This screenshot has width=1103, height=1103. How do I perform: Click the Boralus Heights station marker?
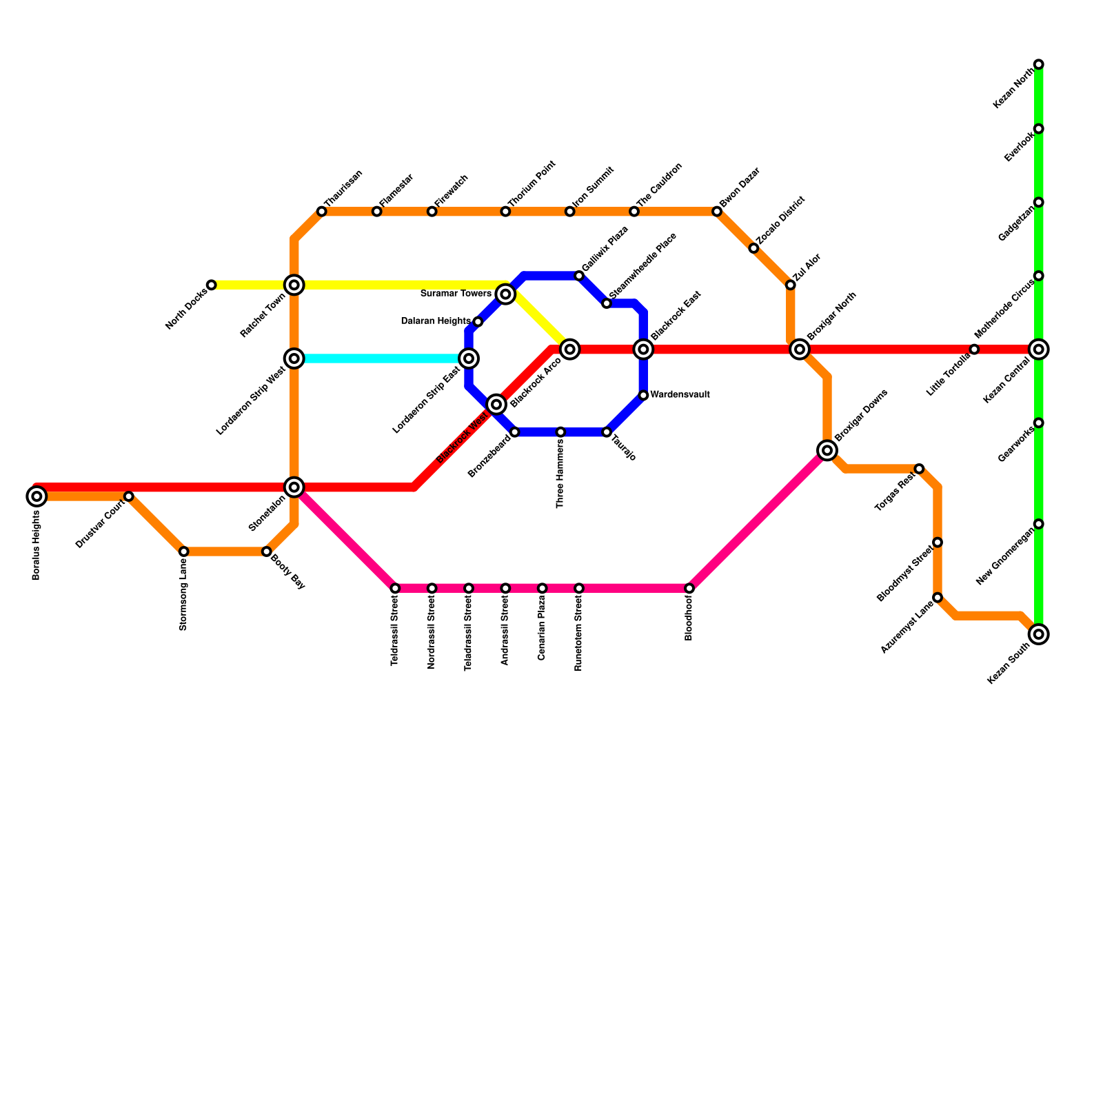[37, 496]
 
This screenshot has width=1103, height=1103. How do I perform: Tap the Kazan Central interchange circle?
[1039, 350]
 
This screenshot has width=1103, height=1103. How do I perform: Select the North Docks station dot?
[212, 285]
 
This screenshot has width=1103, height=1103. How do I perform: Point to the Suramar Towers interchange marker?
[505, 294]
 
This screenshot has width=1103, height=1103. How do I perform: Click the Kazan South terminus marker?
[1039, 634]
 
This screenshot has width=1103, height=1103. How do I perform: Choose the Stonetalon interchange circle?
[294, 487]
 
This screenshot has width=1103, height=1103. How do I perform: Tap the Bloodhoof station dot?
[689, 588]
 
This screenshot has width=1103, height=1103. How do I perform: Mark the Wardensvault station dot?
[643, 395]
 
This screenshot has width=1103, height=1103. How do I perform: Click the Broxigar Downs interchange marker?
[827, 450]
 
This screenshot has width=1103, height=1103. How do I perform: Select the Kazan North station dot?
[1039, 64]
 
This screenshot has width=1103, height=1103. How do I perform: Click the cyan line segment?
[379, 358]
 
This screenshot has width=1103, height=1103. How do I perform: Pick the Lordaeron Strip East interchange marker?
[469, 358]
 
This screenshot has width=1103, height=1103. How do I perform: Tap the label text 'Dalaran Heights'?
[436, 321]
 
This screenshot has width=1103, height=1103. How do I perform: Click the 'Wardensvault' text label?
[680, 395]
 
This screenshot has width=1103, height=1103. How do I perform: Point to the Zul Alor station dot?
[791, 285]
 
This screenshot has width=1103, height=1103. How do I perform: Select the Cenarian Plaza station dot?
[543, 588]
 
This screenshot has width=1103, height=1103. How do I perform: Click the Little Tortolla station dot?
[974, 350]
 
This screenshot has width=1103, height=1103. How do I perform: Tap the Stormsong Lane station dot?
[183, 551]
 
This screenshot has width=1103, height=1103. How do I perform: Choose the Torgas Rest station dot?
[919, 469]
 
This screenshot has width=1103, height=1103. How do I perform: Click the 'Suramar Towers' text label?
[456, 294]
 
